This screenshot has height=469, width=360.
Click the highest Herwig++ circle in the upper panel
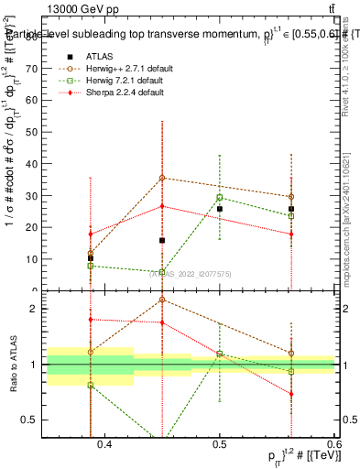(162, 178)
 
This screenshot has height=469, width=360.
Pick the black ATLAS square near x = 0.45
(162, 240)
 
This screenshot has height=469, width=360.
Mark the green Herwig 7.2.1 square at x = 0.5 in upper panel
(220, 198)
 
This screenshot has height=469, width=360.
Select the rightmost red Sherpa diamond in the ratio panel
(291, 394)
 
